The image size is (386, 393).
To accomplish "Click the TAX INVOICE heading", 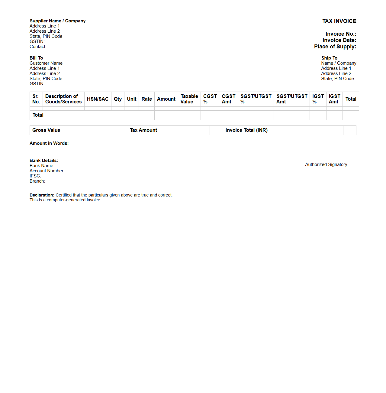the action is point(339,21).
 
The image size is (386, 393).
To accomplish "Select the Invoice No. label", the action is point(341,34).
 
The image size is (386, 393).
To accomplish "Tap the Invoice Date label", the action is point(339,40).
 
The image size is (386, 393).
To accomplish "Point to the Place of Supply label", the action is point(335,47).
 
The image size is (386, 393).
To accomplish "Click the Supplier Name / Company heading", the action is point(58,21).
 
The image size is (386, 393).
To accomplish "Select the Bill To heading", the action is point(36,58).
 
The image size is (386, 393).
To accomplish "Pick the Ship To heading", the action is point(329,58).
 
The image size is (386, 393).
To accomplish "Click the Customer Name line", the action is point(46,63).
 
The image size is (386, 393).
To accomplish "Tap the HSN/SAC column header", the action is point(98,99).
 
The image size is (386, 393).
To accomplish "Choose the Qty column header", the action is point(118,99).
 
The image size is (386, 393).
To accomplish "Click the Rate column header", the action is point(146,99).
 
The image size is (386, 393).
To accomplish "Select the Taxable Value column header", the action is point(189,99).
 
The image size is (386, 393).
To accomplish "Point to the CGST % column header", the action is point(210,99).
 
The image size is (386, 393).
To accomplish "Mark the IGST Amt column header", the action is point(334,99).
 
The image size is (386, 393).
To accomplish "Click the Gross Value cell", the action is point(46,130).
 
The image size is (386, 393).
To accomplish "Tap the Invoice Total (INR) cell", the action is point(246,130).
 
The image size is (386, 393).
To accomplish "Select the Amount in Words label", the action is point(49,143).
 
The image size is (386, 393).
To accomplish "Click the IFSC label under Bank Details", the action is point(35,176).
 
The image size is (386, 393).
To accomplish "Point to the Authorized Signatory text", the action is point(326,164).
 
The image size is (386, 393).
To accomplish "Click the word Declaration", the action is point(42,195).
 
